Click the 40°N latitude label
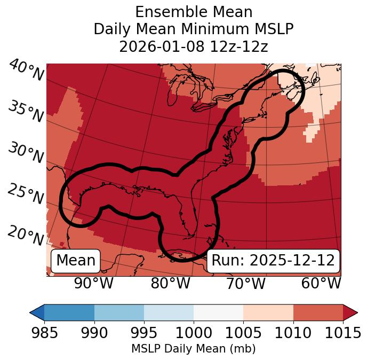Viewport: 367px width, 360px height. click(26, 71)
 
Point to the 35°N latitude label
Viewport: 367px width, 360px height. click(25, 112)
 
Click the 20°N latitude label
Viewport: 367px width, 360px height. click(25, 236)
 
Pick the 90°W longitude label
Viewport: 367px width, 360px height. click(94, 283)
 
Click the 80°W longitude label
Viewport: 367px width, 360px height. click(170, 283)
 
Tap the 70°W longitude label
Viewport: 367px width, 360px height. click(245, 283)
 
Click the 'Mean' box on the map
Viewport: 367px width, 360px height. click(76, 261)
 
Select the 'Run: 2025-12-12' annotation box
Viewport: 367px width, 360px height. click(273, 261)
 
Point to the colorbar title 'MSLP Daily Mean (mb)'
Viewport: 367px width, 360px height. click(193, 349)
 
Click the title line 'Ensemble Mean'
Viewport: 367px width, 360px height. click(193, 12)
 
